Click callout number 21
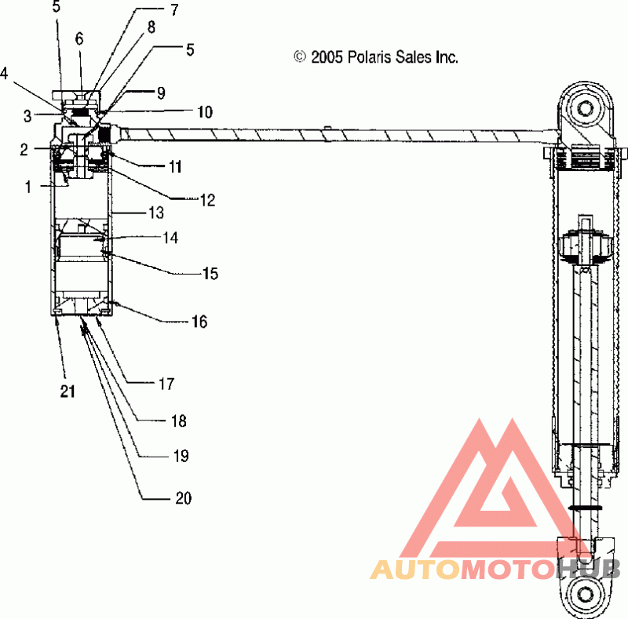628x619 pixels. (x=68, y=391)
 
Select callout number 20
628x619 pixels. (x=184, y=497)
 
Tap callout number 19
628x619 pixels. (x=181, y=456)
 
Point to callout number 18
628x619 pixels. (x=179, y=421)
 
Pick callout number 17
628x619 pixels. (x=166, y=384)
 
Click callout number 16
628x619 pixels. (x=199, y=322)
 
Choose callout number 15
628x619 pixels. (x=210, y=274)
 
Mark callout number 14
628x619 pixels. (x=170, y=238)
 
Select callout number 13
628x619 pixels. (x=156, y=213)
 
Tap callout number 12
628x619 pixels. (x=207, y=200)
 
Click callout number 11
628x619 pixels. (x=175, y=166)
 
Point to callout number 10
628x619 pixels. (x=205, y=112)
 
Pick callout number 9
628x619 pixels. (x=161, y=93)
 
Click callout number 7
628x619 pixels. (x=174, y=10)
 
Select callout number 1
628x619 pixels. (x=28, y=187)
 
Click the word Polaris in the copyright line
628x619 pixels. (x=369, y=56)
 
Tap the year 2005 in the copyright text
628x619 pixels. (x=327, y=57)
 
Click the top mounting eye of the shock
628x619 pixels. (x=586, y=108)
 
